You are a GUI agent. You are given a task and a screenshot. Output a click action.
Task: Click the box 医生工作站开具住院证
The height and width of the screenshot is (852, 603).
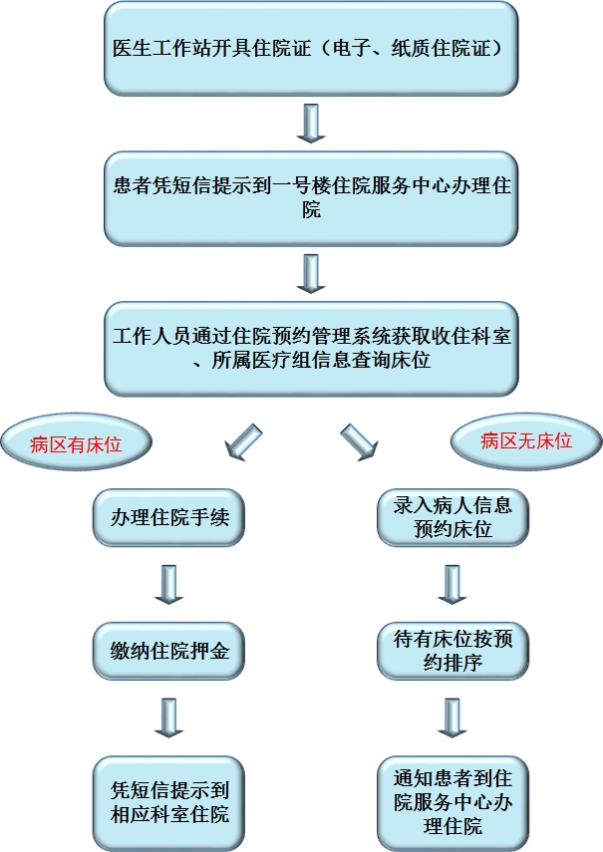[x=311, y=49]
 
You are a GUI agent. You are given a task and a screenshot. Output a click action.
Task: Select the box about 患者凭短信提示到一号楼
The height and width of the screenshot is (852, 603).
[x=311, y=197]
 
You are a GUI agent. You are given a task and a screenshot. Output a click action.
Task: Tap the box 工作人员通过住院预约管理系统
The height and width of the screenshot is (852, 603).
[x=311, y=346]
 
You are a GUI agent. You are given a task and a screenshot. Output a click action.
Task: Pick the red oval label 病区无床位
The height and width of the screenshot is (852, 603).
[x=527, y=439]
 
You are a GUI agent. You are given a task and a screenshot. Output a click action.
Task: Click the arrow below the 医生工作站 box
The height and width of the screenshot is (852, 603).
[x=311, y=124]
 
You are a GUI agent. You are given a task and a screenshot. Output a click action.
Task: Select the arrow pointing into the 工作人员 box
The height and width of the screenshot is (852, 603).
[x=311, y=272]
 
